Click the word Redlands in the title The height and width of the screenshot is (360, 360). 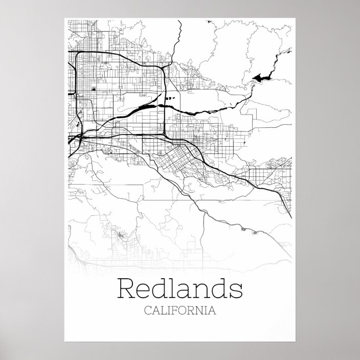(x=180, y=289)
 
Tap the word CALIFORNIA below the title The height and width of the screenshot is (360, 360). (x=180, y=310)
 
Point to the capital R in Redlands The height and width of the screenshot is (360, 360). (x=126, y=289)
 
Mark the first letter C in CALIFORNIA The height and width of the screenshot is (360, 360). (x=149, y=310)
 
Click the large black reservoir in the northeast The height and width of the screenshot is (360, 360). (x=261, y=77)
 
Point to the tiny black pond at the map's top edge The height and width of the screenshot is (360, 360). (x=210, y=21)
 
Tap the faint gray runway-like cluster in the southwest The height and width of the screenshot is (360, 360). (x=122, y=235)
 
